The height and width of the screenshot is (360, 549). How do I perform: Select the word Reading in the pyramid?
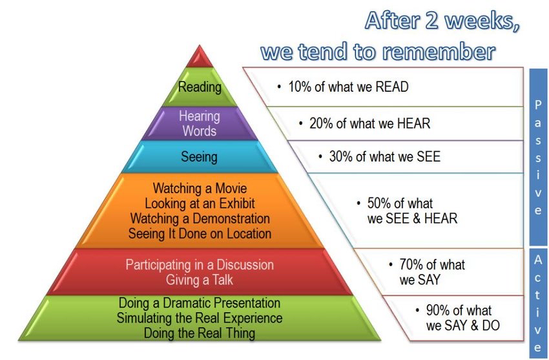200,87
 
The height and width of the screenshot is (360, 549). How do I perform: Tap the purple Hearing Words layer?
199,123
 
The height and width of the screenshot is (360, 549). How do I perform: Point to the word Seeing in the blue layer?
199,156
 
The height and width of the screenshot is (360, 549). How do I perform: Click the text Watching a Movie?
199,189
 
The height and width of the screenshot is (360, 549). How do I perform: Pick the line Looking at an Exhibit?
199,204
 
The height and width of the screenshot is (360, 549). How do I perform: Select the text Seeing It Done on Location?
200,233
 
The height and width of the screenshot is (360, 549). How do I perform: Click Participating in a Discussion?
200,265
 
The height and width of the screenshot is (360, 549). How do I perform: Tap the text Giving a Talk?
200,280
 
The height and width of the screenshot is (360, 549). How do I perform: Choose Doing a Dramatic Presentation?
200,303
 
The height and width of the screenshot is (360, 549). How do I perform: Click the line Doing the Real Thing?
200,334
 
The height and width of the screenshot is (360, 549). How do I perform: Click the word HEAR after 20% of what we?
414,123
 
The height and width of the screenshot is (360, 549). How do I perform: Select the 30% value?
340,157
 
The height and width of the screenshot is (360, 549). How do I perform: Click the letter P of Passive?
538,104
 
